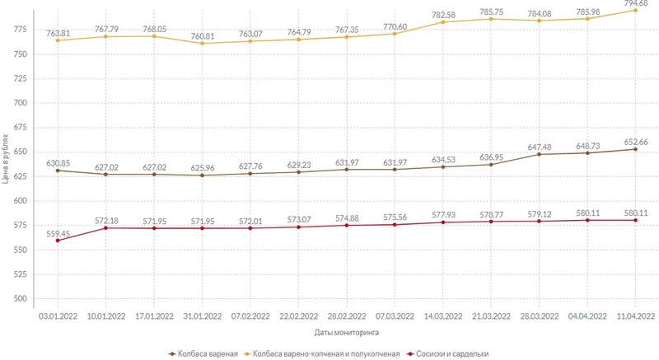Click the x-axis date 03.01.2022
(x=57, y=314)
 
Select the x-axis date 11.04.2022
(x=635, y=314)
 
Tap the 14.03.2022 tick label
(x=442, y=314)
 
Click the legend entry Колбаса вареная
(x=205, y=353)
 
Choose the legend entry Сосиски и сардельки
(x=451, y=353)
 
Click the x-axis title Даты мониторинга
(x=346, y=333)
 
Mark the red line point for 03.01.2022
(x=57, y=241)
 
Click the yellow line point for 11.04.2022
(x=635, y=10)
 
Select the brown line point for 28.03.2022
(x=539, y=154)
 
